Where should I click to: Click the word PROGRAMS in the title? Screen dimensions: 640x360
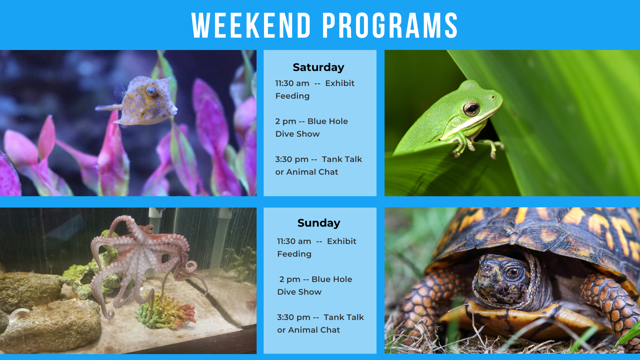coord(390,25)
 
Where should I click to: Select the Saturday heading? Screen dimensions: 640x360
coord(318,67)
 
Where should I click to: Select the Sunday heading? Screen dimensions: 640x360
coord(319,223)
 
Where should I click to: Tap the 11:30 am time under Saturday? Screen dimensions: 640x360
coord(292,83)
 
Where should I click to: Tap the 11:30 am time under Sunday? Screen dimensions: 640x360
coord(294,241)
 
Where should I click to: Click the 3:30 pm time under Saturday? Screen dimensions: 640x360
coord(292,160)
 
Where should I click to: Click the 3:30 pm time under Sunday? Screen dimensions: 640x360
coord(294,318)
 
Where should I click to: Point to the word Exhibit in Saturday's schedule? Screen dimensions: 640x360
coord(340,83)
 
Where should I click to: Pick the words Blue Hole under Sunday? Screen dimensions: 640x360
coord(332,279)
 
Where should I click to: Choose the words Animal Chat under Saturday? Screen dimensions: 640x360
coord(312,172)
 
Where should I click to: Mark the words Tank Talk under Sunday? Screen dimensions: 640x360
coord(344,317)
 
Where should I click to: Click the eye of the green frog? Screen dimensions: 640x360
coord(471,108)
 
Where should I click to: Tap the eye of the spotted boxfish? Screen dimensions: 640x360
coord(151,90)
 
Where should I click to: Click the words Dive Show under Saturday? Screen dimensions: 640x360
coord(297,134)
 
